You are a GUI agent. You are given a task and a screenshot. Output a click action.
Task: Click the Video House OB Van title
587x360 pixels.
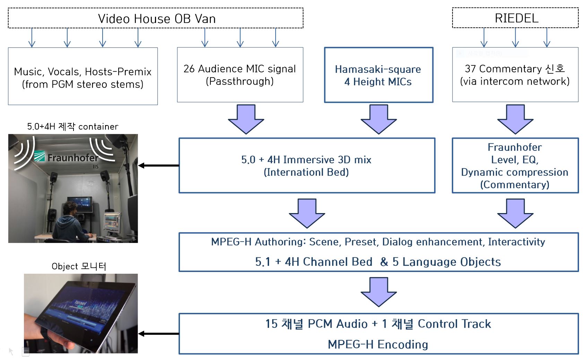157,19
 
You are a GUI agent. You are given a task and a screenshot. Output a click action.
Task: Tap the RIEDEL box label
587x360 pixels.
517,18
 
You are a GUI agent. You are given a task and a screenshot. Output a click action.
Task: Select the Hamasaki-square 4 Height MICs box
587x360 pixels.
378,75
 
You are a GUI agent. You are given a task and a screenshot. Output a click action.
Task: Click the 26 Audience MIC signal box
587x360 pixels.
240,74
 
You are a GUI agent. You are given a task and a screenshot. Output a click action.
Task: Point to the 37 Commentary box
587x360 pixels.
515,74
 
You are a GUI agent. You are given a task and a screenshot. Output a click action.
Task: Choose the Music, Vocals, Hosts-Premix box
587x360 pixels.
83,76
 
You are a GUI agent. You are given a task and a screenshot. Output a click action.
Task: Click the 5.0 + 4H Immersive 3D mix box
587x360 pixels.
307,166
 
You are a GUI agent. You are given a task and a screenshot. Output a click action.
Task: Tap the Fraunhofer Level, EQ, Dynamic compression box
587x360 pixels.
515,166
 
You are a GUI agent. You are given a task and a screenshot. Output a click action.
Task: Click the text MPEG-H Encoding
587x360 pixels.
378,344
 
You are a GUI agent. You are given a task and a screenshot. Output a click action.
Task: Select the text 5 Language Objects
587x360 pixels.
447,262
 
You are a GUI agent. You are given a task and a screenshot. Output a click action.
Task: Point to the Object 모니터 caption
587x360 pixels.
79,266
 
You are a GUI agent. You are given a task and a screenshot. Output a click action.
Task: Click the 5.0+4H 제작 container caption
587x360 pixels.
72,126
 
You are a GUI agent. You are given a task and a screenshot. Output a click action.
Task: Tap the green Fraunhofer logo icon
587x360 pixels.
40,156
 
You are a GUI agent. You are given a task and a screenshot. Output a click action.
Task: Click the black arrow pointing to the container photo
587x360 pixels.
158,166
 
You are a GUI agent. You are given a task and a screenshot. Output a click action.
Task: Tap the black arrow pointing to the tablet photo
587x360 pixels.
158,334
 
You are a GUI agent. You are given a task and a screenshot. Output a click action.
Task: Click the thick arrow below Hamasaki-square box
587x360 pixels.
379,119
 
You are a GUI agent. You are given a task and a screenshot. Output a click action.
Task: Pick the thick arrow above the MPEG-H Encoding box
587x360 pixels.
379,292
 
